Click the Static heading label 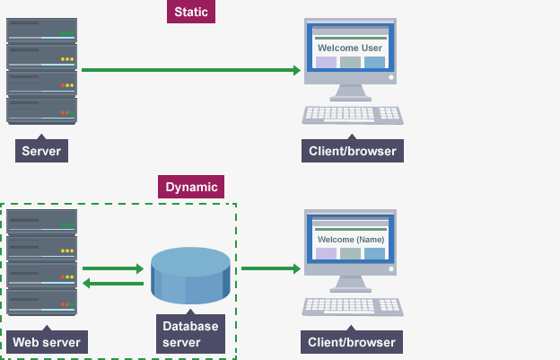[x=191, y=12]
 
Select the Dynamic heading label [x=191, y=187]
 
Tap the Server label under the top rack [x=41, y=151]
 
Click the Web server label [x=47, y=342]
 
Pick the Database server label [x=190, y=334]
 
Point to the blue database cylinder [x=190, y=276]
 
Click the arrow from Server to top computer [x=191, y=70]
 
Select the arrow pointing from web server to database [x=113, y=268]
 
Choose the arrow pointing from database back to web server [x=113, y=284]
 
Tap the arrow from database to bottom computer [x=271, y=268]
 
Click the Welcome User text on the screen [x=350, y=48]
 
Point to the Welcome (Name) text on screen [x=351, y=240]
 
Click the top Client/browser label [x=353, y=151]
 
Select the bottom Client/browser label [x=352, y=342]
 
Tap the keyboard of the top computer [x=353, y=115]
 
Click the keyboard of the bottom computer [x=353, y=307]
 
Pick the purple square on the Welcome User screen [x=326, y=62]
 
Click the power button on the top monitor [x=391, y=77]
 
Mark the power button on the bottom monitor [x=391, y=269]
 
